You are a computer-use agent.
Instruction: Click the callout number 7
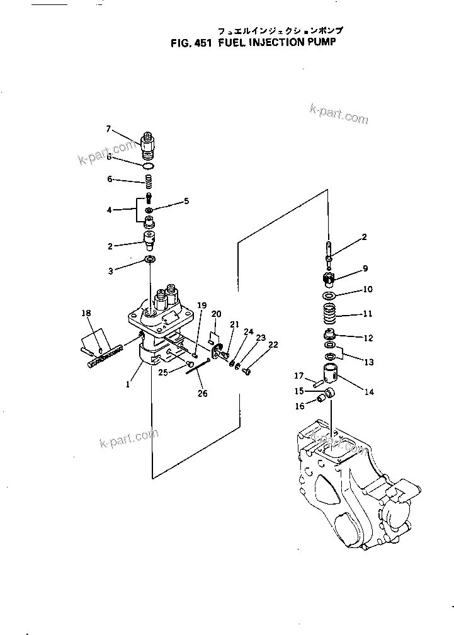tap(108, 129)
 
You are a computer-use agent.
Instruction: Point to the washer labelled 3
tap(149, 260)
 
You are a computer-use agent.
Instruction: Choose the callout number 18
tap(86, 312)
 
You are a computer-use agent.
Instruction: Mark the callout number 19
tap(201, 306)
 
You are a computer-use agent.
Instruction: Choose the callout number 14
tap(368, 392)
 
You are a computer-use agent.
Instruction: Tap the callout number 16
tap(300, 407)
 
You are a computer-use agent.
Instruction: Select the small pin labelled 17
tap(317, 380)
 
